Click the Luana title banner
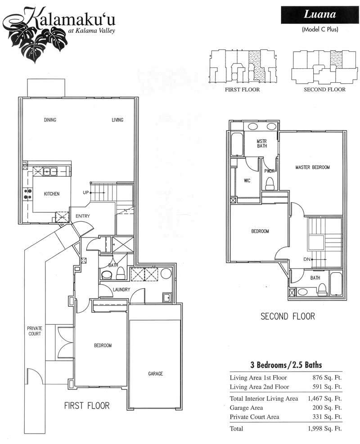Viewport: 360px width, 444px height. click(x=320, y=15)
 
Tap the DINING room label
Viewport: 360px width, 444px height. click(x=50, y=120)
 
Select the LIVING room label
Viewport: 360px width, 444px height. click(x=117, y=120)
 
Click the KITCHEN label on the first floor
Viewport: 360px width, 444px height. click(x=52, y=194)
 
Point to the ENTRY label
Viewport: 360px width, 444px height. click(x=83, y=216)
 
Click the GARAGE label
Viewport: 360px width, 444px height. click(x=156, y=374)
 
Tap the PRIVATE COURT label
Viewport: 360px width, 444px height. click(x=35, y=331)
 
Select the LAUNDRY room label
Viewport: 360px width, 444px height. click(x=121, y=290)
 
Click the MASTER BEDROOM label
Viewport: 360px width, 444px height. click(x=312, y=167)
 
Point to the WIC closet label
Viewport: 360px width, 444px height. click(x=247, y=181)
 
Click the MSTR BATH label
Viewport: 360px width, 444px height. click(x=262, y=144)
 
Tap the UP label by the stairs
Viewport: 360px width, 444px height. click(x=85, y=193)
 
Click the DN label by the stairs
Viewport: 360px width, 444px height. click(x=307, y=259)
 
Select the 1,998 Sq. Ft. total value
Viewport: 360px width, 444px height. click(x=325, y=428)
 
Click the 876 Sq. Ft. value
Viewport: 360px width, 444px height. click(x=327, y=377)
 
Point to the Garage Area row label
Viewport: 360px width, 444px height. click(x=246, y=408)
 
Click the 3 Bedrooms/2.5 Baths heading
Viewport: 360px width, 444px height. click(x=286, y=365)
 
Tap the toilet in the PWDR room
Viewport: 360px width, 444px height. click(x=270, y=183)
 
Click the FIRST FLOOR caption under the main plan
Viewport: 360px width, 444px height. click(x=87, y=406)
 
